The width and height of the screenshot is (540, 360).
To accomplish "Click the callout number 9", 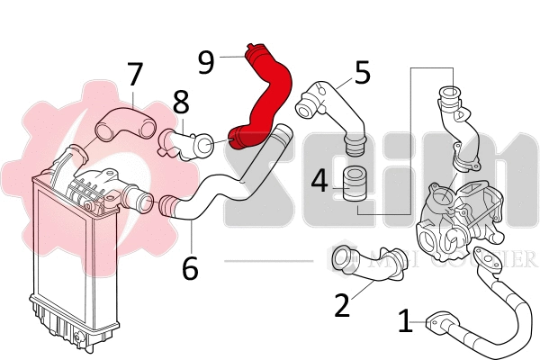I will pos(206,61).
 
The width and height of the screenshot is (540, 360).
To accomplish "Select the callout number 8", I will pos(181,102).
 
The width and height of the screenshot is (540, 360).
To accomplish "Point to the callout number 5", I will pos(363,72).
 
